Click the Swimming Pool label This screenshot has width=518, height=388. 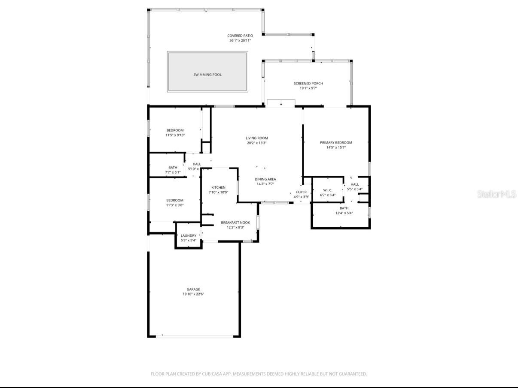[x=207, y=75]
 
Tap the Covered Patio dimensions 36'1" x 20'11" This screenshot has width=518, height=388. [x=240, y=41]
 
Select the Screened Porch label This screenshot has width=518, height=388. [x=308, y=84]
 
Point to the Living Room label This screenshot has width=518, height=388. [x=256, y=138]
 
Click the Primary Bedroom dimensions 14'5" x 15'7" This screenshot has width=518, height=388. [x=336, y=147]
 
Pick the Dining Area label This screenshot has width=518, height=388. [x=265, y=179]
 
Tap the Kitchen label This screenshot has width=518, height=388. [x=218, y=187]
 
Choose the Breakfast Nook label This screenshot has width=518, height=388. [x=235, y=223]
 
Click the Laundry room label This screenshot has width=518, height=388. [x=188, y=235]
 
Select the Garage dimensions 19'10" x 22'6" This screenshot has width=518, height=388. [x=193, y=294]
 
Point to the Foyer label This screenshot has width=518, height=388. [x=302, y=192]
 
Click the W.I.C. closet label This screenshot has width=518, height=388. [x=328, y=190]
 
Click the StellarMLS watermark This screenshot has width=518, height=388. [x=497, y=194]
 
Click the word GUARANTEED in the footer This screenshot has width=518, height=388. [x=353, y=374]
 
